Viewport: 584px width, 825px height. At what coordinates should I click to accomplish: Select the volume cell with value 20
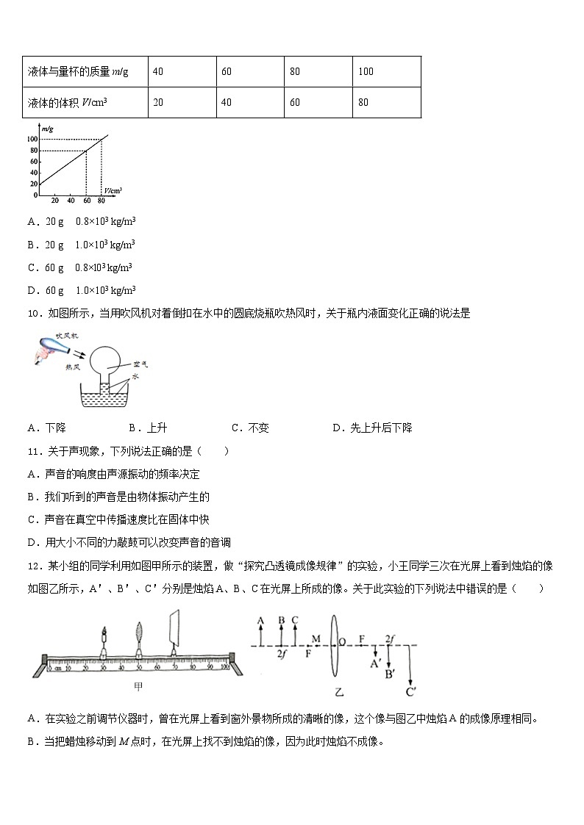tap(158, 102)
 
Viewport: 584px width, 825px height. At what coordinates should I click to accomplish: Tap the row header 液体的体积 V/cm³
tap(67, 102)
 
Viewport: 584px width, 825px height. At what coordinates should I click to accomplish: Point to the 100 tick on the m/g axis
tap(33, 139)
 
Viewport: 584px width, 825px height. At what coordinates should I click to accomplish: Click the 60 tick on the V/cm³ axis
tap(85, 201)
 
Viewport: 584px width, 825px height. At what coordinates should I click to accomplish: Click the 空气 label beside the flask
tap(140, 364)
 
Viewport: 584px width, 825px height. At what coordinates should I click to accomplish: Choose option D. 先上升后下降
tap(372, 428)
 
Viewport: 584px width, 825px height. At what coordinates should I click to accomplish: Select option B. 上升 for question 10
tap(148, 428)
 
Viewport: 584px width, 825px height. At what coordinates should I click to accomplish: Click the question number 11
tap(32, 451)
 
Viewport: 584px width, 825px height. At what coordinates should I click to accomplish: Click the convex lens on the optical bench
tap(139, 634)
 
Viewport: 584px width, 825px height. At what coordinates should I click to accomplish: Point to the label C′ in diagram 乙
tap(410, 691)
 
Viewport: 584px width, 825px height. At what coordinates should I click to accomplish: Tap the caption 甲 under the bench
tap(137, 687)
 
